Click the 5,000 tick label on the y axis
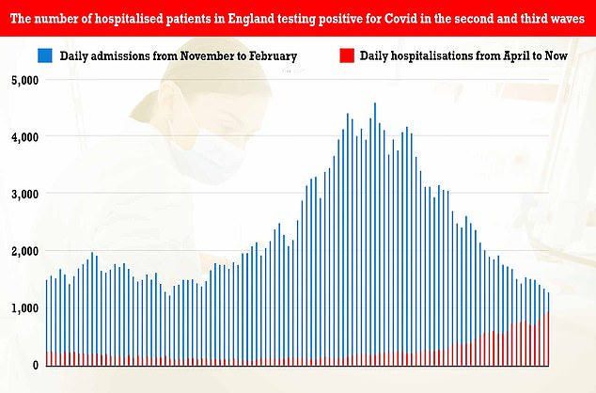(x=21, y=80)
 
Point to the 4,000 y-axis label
(x=21, y=137)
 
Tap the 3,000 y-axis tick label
(x=21, y=194)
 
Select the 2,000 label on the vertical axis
(x=21, y=251)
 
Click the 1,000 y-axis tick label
(x=21, y=308)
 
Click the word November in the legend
(x=191, y=56)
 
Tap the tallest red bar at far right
(x=548, y=338)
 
